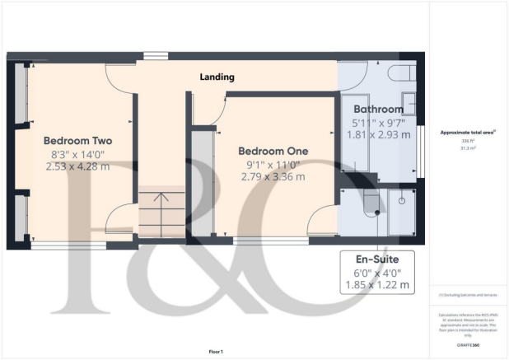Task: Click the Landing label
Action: tap(217, 77)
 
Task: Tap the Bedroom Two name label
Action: tap(77, 141)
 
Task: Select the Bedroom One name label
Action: tap(273, 152)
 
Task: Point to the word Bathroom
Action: tap(378, 110)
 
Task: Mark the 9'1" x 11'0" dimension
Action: tap(273, 164)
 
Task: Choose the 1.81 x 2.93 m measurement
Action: tap(378, 134)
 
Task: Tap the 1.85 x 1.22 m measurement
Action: tap(378, 287)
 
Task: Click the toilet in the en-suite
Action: tap(369, 201)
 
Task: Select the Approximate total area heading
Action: tap(467, 133)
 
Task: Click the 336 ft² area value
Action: tap(466, 141)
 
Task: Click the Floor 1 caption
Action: tap(217, 349)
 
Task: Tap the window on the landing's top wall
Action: tap(154, 56)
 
